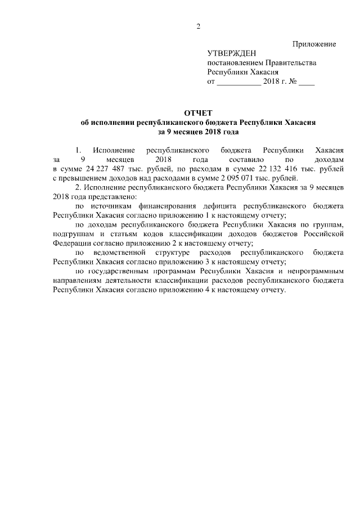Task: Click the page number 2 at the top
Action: (x=198, y=26)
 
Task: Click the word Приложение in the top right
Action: (x=314, y=44)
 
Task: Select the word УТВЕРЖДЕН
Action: (x=232, y=53)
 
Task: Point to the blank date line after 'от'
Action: (x=238, y=83)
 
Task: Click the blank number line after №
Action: (x=307, y=83)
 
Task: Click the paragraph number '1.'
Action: (x=79, y=150)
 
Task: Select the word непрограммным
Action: (x=312, y=271)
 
